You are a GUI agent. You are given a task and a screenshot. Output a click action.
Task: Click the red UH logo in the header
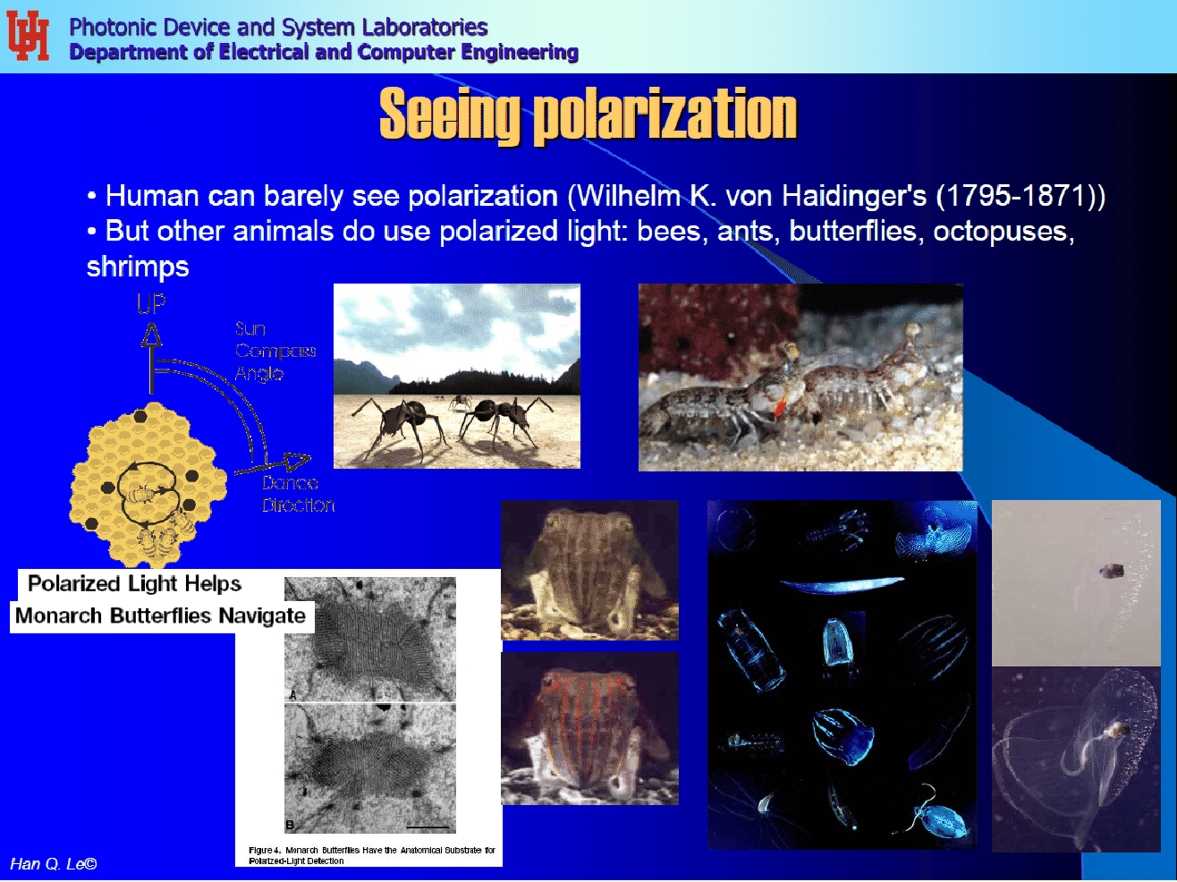(28, 36)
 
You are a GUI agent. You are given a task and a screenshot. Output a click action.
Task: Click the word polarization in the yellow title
(665, 115)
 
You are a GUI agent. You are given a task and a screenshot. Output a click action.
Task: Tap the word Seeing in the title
(449, 115)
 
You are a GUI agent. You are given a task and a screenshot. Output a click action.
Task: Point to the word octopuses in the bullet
(1001, 232)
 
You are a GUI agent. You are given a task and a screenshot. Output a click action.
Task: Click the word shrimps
(138, 267)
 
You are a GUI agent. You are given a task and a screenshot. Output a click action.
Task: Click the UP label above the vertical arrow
(151, 304)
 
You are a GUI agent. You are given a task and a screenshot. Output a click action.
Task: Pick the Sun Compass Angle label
(274, 352)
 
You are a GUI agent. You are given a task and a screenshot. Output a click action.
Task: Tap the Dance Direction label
(297, 495)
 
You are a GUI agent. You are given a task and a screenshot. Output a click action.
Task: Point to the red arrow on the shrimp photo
(779, 409)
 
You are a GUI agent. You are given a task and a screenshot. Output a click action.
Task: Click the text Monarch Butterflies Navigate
(160, 616)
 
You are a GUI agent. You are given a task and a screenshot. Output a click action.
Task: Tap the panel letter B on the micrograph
(290, 824)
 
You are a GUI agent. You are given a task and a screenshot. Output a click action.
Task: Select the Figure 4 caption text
(371, 855)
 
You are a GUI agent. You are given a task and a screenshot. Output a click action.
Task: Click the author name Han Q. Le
(53, 864)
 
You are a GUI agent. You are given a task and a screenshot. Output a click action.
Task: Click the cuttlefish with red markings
(589, 728)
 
